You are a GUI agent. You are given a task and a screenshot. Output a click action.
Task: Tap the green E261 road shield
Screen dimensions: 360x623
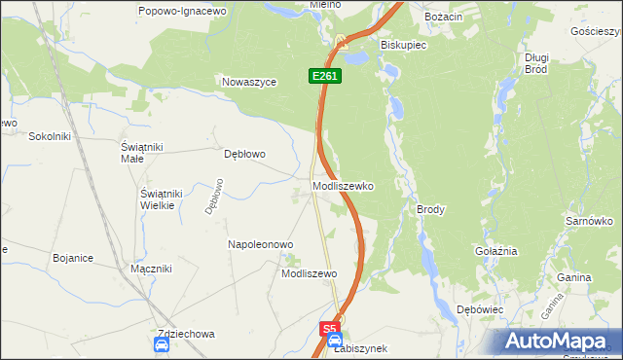[x=326, y=75]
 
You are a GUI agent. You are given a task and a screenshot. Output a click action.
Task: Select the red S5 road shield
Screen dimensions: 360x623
[x=331, y=330]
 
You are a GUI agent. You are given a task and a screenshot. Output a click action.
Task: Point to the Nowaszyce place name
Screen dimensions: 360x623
[x=250, y=83]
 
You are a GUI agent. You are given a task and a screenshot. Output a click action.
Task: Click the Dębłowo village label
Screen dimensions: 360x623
[x=245, y=154]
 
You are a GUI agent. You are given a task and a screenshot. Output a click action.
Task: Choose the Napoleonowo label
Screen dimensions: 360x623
[x=261, y=244]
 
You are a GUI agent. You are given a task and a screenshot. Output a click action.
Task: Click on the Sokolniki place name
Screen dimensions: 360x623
[x=51, y=136]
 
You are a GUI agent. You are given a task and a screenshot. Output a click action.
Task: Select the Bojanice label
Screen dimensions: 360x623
[x=73, y=258]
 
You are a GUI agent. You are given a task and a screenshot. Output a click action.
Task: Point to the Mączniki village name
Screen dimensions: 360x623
[x=151, y=268]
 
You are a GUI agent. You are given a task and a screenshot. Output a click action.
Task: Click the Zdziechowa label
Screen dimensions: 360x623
[x=185, y=334]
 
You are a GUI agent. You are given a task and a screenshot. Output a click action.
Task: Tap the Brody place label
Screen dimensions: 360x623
[x=430, y=209]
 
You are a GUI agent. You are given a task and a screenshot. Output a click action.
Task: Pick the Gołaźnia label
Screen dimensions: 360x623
[x=495, y=251]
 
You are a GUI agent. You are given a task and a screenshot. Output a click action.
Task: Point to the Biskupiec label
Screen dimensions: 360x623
[x=400, y=45]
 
